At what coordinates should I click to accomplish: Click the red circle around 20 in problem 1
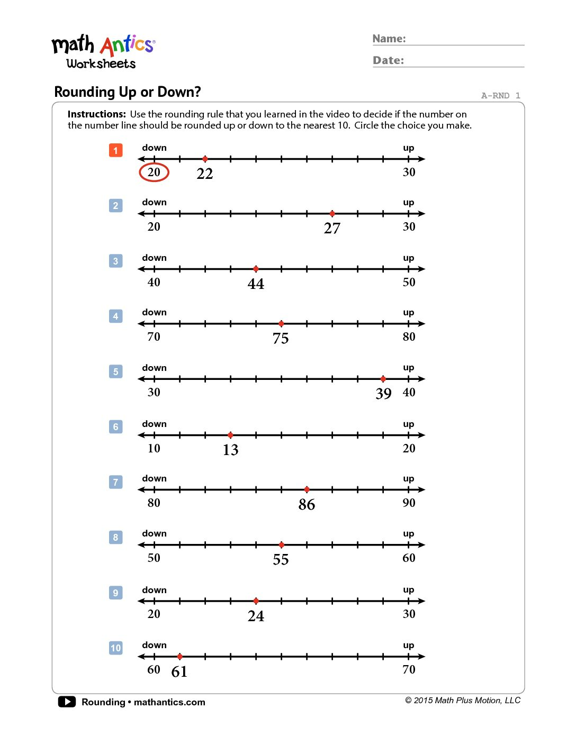coord(154,172)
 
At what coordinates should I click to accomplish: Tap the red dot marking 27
coord(332,214)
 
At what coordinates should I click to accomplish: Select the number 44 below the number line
coord(256,284)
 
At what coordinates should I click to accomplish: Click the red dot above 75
coord(281,324)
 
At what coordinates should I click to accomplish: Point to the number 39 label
coord(383,394)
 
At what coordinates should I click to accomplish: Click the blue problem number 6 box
coord(115,427)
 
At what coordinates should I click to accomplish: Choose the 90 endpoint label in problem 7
coord(409,503)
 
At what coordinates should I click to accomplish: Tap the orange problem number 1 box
coord(115,150)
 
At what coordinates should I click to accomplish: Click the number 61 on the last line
coord(179,672)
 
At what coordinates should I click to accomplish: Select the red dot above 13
coord(230,435)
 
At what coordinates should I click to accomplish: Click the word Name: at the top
coord(389,39)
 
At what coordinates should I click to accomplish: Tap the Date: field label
coord(388,60)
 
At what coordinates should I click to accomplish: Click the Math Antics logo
coord(103,52)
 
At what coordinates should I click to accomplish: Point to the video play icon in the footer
coord(67,702)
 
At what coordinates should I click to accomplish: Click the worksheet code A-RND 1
coord(500,96)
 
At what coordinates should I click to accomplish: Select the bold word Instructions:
coord(97,114)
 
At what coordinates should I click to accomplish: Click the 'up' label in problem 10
coord(408,646)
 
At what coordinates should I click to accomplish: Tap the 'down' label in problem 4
coord(154,313)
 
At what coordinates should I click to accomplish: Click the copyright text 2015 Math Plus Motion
coord(463,701)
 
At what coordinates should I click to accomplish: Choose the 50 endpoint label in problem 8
coord(154,558)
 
